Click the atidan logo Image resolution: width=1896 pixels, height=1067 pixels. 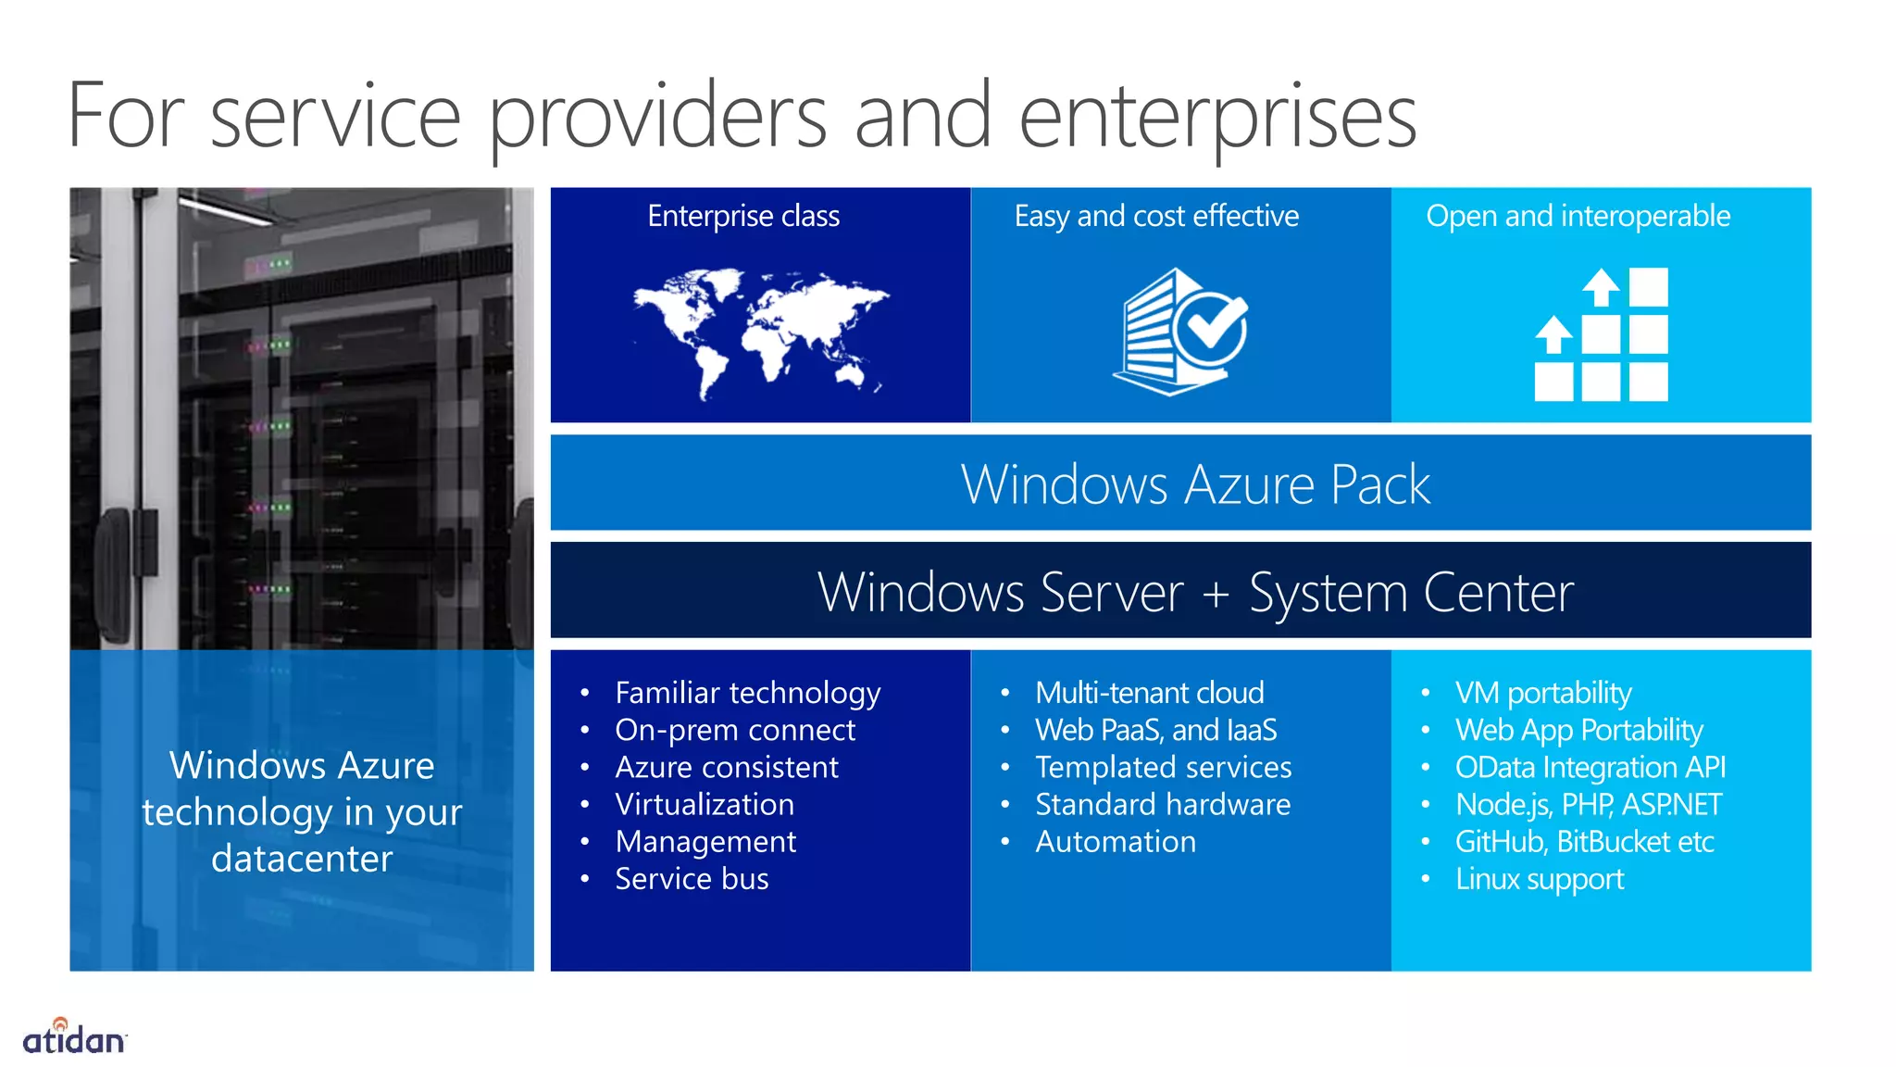click(x=74, y=1037)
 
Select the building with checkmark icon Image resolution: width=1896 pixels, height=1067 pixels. click(x=1180, y=332)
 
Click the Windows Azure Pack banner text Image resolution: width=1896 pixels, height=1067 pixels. click(x=1195, y=484)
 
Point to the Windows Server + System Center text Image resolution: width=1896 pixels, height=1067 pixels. click(x=1195, y=593)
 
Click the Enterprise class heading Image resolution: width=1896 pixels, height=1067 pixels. click(x=743, y=216)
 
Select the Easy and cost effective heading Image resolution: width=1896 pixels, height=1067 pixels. click(x=1156, y=216)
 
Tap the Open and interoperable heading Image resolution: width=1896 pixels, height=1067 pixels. click(x=1578, y=216)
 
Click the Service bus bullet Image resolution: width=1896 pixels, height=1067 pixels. click(x=692, y=879)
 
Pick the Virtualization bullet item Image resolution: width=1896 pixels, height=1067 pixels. click(x=705, y=804)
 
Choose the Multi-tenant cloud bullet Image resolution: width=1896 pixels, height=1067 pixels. click(x=1149, y=693)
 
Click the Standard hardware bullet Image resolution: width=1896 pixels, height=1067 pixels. click(x=1162, y=804)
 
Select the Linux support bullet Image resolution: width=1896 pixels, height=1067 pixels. click(x=1539, y=879)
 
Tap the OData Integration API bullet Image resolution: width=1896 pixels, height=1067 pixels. click(x=1590, y=767)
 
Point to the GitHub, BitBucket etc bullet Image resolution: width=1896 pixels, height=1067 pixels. click(x=1584, y=842)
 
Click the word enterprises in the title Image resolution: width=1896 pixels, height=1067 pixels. click(x=1217, y=118)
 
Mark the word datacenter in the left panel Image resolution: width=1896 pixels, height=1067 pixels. click(x=302, y=859)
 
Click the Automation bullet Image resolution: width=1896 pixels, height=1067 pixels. click(x=1115, y=842)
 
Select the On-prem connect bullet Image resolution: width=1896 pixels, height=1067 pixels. click(x=735, y=730)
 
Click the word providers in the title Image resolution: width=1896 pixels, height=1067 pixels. click(x=657, y=118)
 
